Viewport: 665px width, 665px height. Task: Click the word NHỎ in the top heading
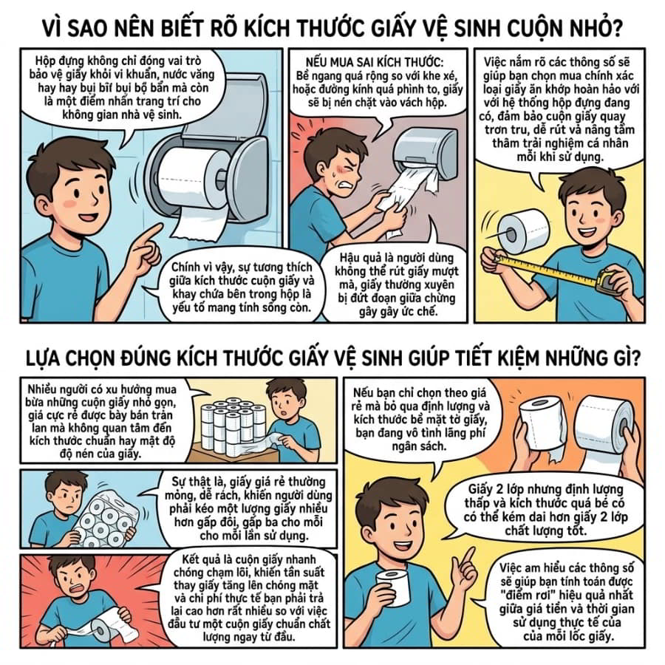tap(590, 28)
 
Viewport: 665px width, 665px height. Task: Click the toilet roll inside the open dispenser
tap(193, 178)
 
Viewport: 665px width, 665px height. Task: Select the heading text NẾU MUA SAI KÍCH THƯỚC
tap(375, 62)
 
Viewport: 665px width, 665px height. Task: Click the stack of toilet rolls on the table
tap(233, 424)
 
